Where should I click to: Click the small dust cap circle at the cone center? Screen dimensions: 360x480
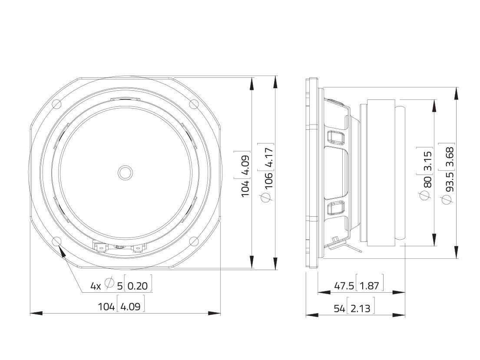[125, 172]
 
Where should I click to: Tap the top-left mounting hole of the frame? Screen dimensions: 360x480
[56, 104]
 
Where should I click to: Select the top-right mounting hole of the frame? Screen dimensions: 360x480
[194, 104]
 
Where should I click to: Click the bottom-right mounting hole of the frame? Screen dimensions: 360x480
[194, 241]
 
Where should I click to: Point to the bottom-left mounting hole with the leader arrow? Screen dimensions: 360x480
[56, 241]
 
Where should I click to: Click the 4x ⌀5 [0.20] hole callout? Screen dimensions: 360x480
[121, 286]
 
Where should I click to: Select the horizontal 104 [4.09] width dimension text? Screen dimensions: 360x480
[121, 307]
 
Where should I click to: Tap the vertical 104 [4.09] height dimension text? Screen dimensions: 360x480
[245, 173]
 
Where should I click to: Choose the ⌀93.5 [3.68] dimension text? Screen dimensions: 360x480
[449, 173]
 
